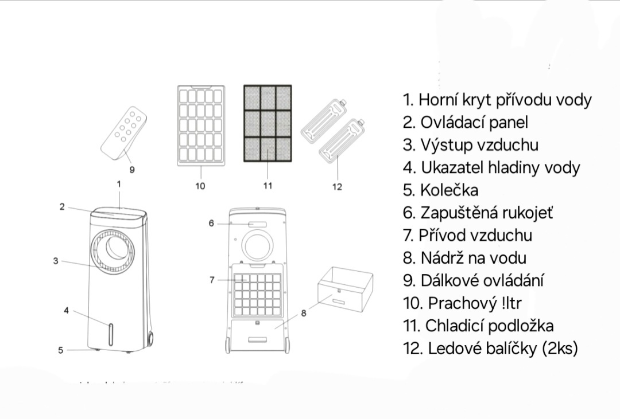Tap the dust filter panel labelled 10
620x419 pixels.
point(201,126)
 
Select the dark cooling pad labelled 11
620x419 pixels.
point(268,124)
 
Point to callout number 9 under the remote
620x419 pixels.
point(132,170)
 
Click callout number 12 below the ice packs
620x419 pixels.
point(337,187)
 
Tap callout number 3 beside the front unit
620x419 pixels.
point(56,261)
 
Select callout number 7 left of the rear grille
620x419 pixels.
point(212,280)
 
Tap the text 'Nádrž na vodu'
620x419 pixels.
point(473,258)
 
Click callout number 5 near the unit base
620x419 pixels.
point(61,350)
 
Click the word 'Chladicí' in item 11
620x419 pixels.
point(454,326)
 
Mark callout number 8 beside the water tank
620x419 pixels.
point(304,313)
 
